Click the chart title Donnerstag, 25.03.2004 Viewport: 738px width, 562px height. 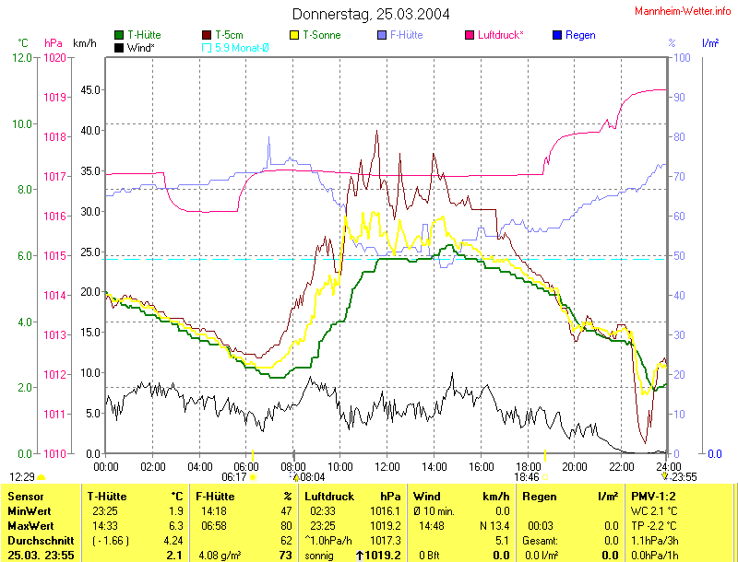[x=371, y=14]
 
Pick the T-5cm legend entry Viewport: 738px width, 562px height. [x=232, y=35]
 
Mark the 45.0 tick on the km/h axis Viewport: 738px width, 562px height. [x=89, y=89]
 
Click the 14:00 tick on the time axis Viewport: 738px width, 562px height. [x=434, y=467]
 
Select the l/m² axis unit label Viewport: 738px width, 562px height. [x=710, y=43]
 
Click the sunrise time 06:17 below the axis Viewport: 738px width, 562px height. [x=234, y=477]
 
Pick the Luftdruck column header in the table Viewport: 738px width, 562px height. [x=328, y=497]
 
